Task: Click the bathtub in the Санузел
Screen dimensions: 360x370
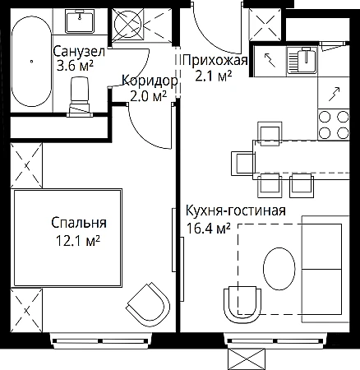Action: pos(31,62)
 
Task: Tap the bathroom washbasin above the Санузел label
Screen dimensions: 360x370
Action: pos(80,21)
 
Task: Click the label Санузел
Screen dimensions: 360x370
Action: pos(79,52)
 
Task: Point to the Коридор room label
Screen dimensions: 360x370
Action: pos(150,81)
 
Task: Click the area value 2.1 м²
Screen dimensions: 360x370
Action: pos(213,76)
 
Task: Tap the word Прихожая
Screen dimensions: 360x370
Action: pos(215,60)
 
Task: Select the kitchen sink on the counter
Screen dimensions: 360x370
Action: pos(302,61)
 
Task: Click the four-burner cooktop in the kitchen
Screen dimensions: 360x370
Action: pos(334,125)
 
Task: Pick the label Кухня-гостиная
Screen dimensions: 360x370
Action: pos(236,210)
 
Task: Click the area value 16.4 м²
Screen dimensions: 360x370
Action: pos(208,229)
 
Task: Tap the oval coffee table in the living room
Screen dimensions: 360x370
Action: pos(279,269)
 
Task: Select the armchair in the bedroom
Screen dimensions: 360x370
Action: pos(148,304)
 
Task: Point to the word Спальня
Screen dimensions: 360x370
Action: pos(79,224)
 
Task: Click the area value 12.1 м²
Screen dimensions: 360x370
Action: pos(77,241)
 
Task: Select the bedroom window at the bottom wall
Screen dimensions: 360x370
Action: pos(100,341)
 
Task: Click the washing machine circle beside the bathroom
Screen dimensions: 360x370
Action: pos(128,24)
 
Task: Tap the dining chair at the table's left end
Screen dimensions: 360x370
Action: pos(243,164)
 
